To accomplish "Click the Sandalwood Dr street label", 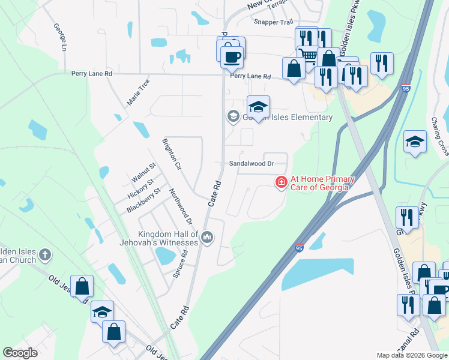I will tap(251, 163).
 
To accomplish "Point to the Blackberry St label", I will tap(143, 200).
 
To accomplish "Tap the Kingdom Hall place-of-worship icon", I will tap(207, 238).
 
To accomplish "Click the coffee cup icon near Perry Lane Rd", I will tap(231, 58).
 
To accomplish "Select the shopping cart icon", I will tap(308, 56).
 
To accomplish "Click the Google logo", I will tap(20, 353).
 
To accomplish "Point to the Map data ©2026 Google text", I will tap(412, 355).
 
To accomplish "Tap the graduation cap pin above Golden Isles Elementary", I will tap(258, 108).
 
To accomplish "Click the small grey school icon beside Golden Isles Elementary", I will tap(232, 116).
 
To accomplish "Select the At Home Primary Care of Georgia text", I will tap(322, 183).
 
